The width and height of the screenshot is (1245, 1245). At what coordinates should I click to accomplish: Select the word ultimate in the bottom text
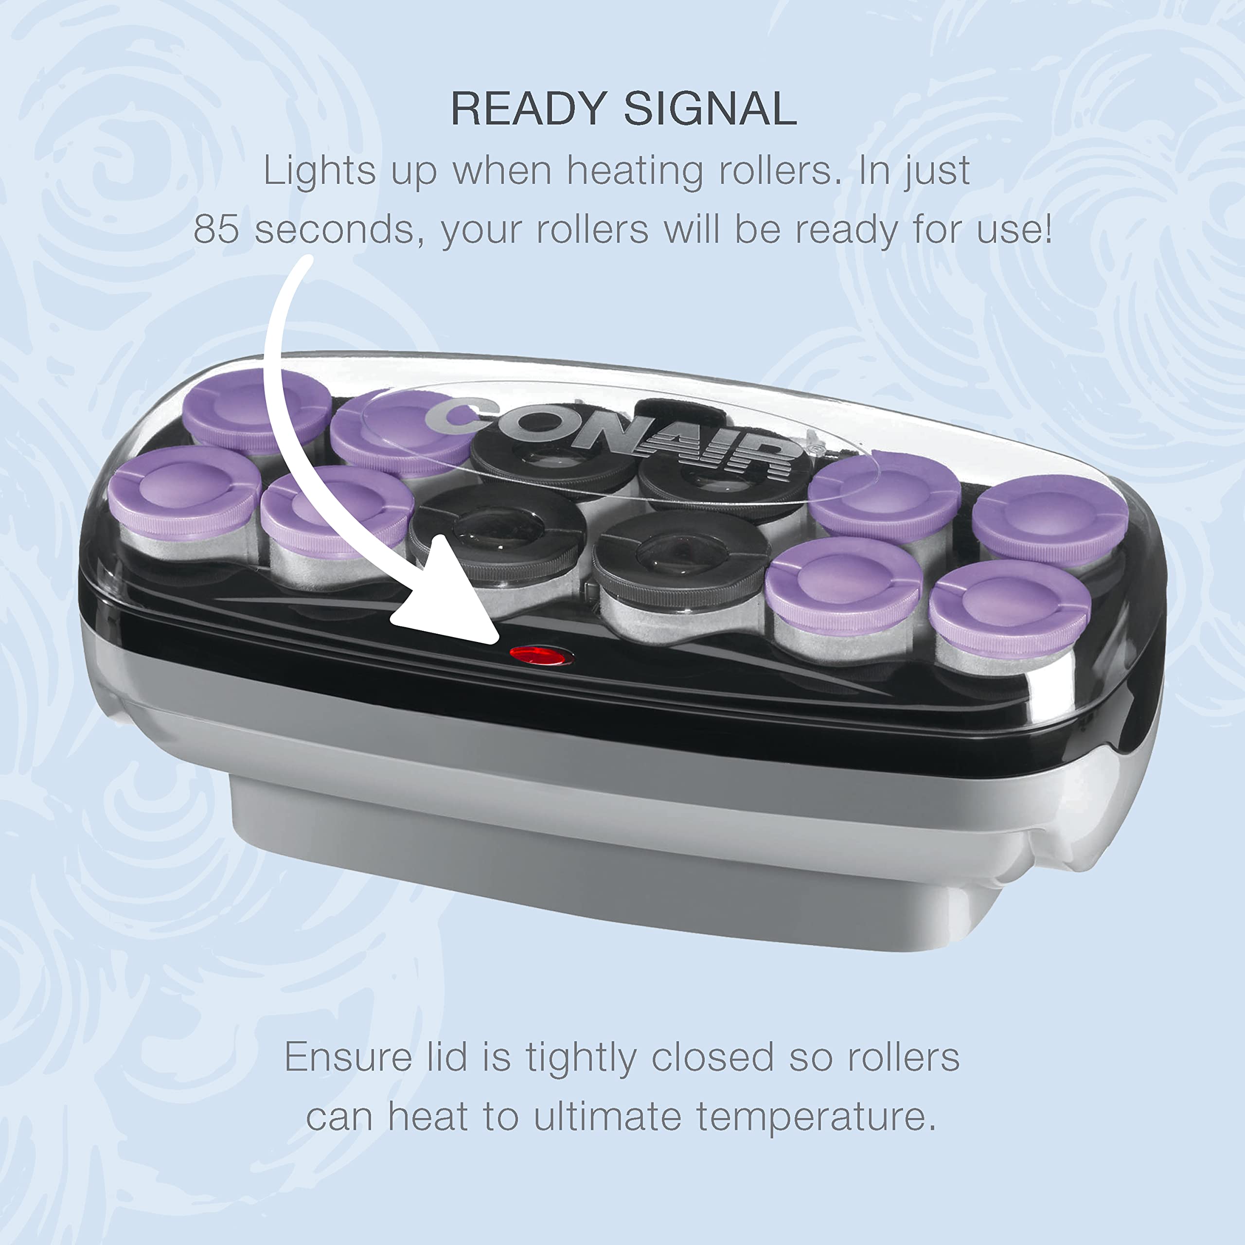pos(607,1117)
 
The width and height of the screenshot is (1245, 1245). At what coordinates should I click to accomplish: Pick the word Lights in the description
pos(319,171)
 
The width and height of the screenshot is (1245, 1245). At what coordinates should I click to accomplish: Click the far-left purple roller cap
pos(184,493)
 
